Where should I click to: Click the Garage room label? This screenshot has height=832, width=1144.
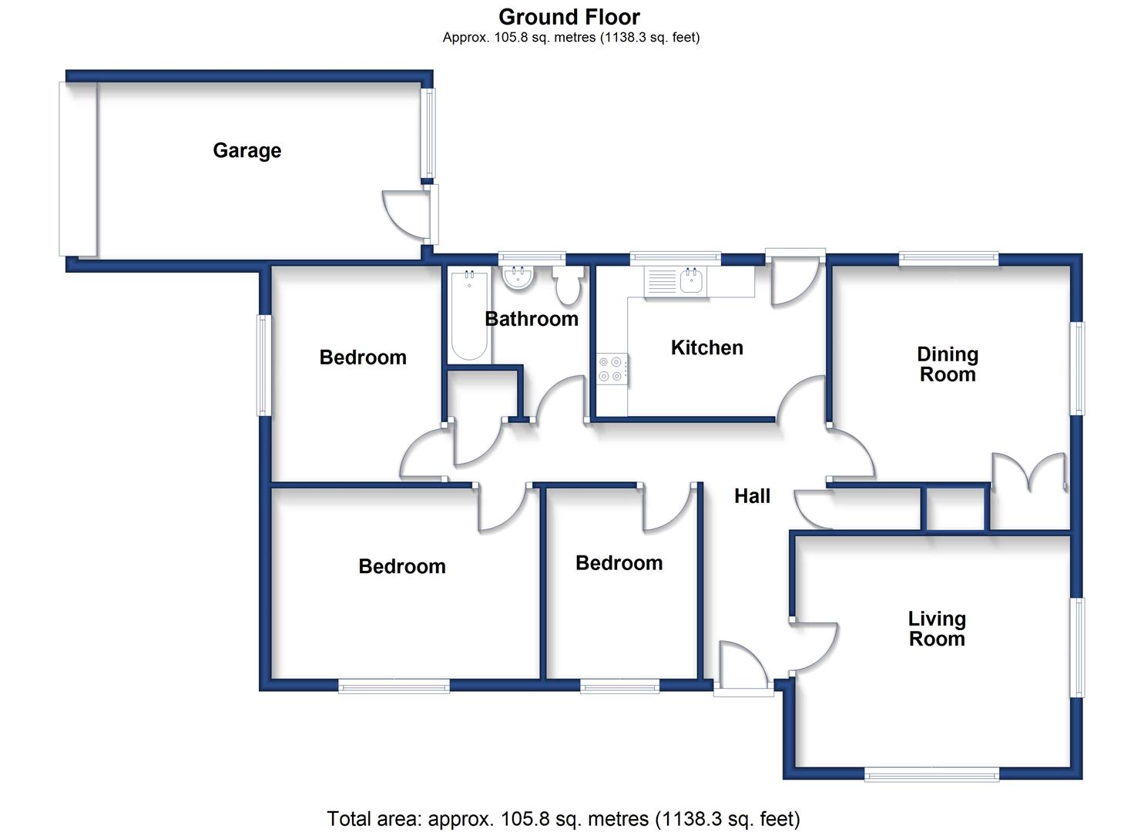247,151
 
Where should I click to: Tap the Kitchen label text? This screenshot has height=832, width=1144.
707,347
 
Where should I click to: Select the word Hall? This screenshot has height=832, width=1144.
752,496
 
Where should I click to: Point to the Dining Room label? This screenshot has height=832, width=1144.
948,364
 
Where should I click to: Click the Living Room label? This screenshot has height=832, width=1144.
937,629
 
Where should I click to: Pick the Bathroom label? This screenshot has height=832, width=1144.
531,319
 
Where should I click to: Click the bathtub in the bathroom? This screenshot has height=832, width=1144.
469,316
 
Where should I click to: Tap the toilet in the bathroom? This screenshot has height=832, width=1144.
568,286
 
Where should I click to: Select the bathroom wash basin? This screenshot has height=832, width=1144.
518,277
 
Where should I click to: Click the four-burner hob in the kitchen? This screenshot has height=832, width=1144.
611,369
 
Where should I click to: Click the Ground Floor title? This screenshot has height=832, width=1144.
569,17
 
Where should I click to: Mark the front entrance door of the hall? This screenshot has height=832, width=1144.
743,666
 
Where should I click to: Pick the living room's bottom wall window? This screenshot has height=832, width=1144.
931,777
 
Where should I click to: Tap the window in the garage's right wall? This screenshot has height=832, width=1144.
429,133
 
